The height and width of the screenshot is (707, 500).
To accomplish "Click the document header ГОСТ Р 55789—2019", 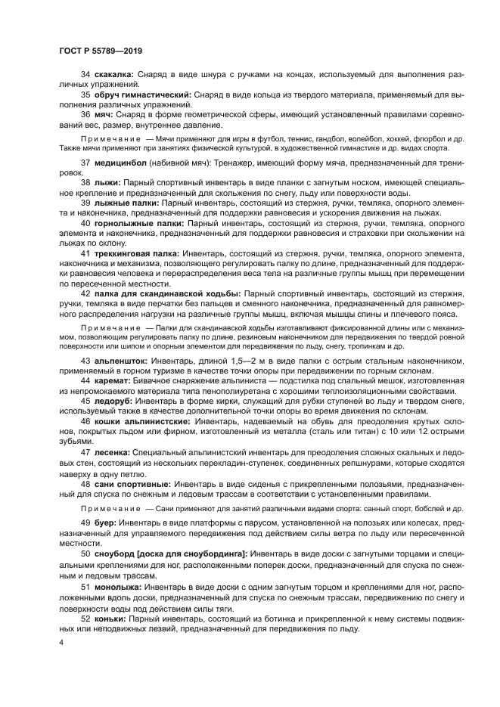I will tap(101, 50).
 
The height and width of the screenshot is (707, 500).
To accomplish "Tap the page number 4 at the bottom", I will tap(61, 642).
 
